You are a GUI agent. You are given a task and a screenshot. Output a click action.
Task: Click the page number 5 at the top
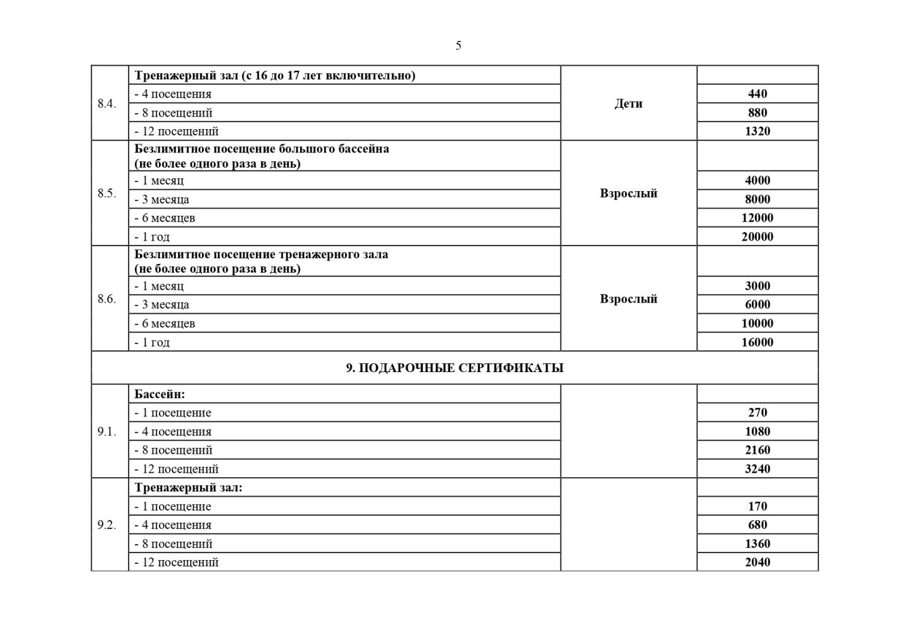(458, 46)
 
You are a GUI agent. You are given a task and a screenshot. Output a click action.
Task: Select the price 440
(757, 94)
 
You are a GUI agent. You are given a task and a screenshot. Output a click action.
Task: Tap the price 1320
(757, 131)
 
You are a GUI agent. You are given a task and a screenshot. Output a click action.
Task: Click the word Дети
(628, 103)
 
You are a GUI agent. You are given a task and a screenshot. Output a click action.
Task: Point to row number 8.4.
(107, 103)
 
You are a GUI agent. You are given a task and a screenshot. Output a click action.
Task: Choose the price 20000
(757, 237)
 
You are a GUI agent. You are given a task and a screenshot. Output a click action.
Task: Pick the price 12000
(757, 218)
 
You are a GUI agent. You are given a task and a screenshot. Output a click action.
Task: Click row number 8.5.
(107, 193)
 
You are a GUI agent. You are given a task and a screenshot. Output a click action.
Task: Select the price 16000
(757, 342)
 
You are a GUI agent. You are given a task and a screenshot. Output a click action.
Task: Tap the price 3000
(757, 285)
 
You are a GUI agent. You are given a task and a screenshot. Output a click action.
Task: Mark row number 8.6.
(107, 299)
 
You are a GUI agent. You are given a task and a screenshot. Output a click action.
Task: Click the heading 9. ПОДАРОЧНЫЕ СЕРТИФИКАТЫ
(454, 368)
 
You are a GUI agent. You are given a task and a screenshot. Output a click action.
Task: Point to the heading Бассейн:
(160, 394)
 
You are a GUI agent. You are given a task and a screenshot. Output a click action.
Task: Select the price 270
(757, 413)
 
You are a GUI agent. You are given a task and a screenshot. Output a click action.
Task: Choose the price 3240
(757, 469)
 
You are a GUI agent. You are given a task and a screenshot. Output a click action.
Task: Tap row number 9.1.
(107, 432)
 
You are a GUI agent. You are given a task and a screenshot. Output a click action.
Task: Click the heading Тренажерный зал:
(188, 487)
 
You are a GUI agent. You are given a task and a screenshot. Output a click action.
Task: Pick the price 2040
(757, 562)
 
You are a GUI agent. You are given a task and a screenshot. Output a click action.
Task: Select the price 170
(757, 506)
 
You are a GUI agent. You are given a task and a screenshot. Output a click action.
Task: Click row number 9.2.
(107, 525)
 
